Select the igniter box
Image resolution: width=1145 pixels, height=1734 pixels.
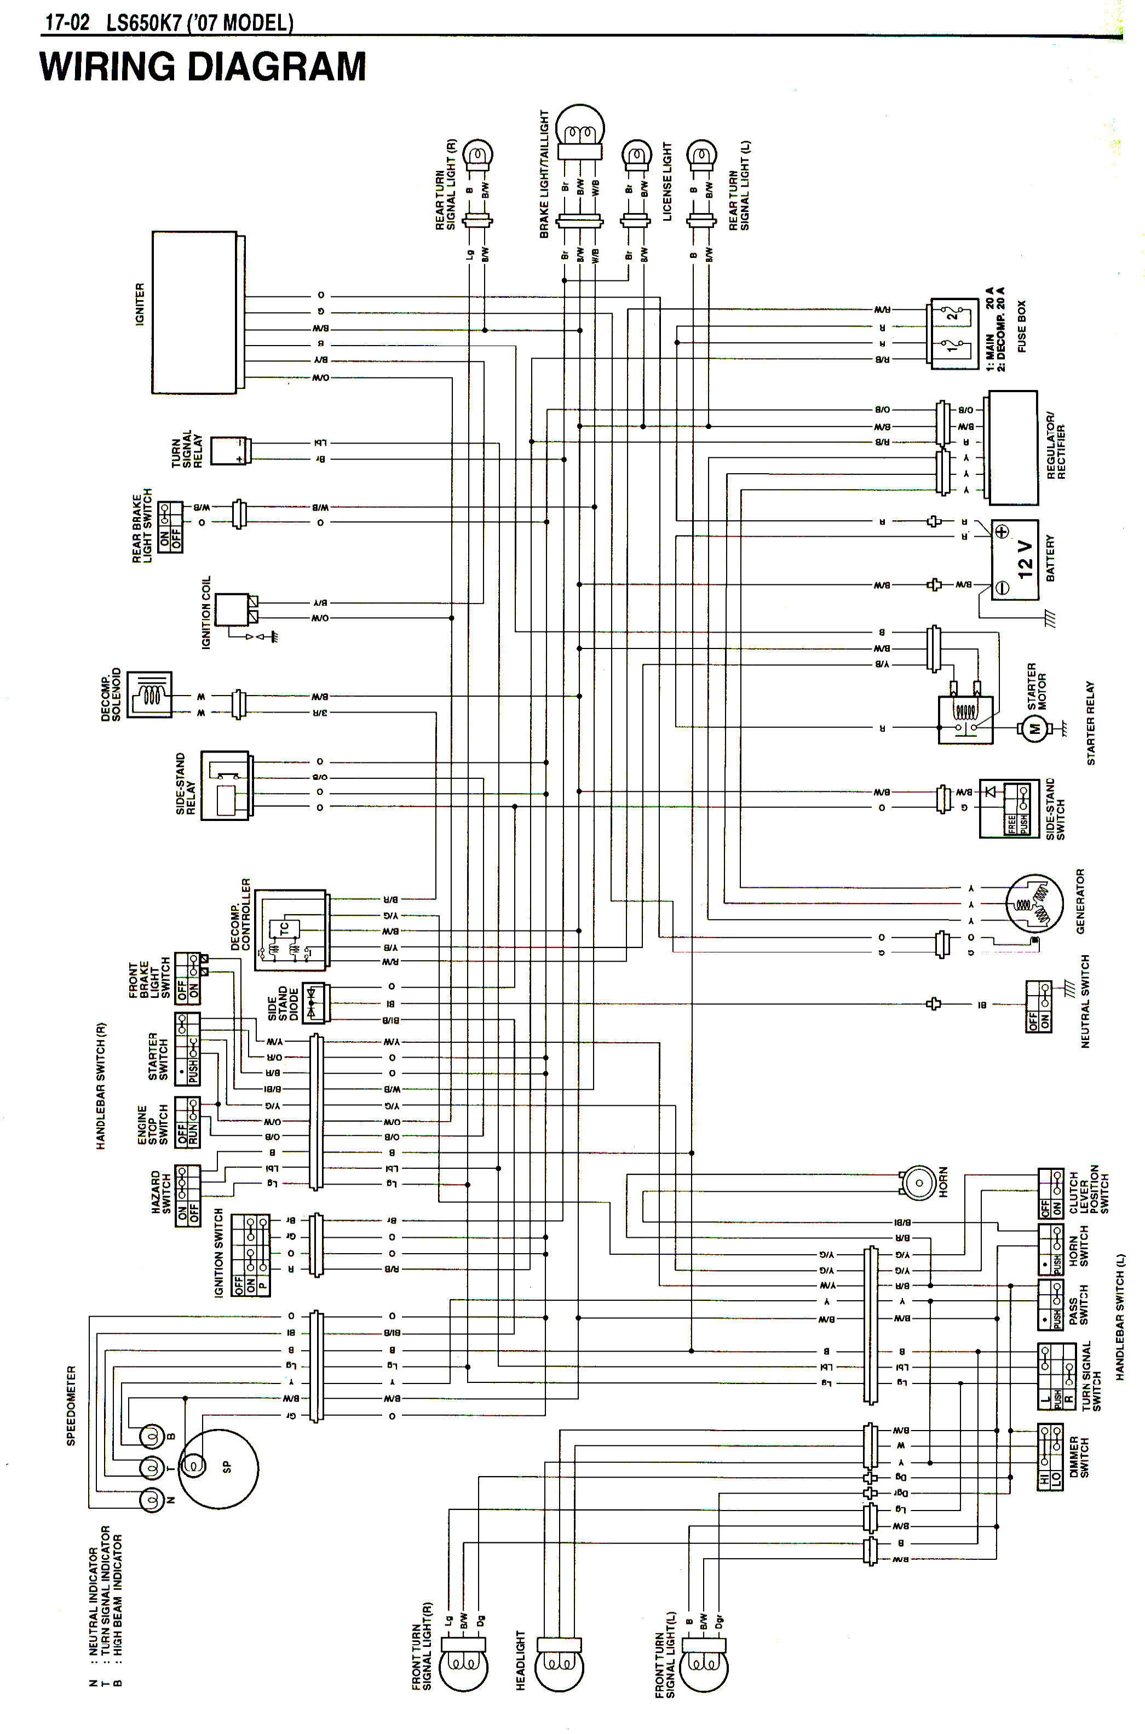[195, 313]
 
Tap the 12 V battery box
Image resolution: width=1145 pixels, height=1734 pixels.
[1014, 560]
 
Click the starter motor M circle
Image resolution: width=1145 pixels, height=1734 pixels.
[1033, 728]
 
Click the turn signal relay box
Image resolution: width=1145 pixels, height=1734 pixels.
[229, 450]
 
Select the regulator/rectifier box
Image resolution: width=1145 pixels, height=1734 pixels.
[1012, 448]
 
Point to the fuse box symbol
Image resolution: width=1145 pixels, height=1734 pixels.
[954, 333]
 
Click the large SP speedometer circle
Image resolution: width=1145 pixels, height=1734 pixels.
[218, 1468]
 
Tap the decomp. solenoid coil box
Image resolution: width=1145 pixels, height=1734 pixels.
[149, 694]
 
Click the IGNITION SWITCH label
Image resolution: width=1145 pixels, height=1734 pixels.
[218, 1252]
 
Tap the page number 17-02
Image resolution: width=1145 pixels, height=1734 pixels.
[67, 22]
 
